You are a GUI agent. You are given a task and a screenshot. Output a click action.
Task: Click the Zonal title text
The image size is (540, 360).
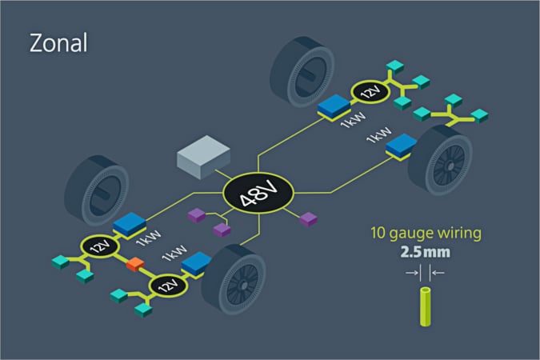click(x=57, y=41)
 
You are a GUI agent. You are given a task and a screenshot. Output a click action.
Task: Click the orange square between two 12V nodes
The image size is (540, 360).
click(x=134, y=265)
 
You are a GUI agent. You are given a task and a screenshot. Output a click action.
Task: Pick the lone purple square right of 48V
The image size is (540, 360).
click(x=308, y=218)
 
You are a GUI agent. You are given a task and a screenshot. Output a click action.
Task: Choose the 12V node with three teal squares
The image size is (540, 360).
click(x=369, y=93)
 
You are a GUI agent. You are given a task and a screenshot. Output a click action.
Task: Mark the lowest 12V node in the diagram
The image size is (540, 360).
click(x=167, y=285)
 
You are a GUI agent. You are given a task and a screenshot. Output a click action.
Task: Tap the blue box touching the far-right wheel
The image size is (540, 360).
click(x=402, y=145)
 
